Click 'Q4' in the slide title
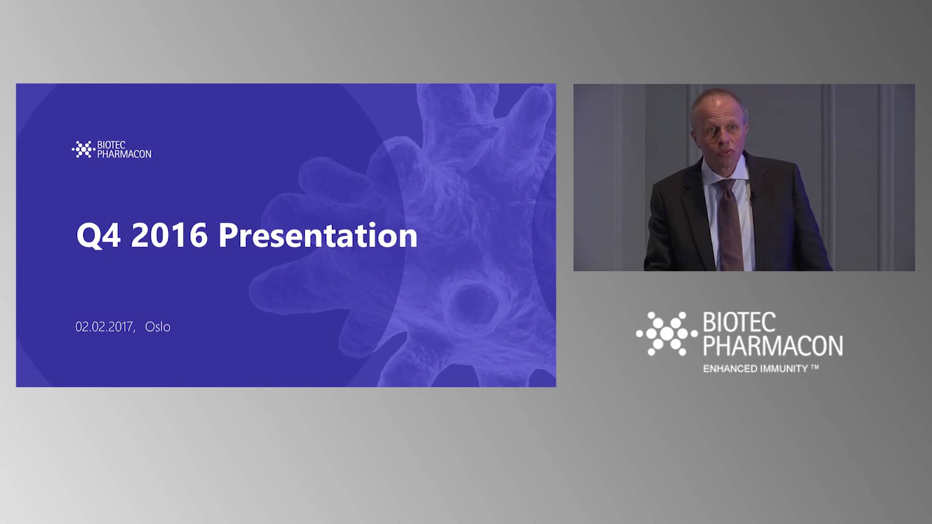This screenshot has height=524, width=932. coord(98,236)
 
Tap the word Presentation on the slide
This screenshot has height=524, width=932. coord(318,235)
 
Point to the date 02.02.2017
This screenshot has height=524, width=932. coord(104,327)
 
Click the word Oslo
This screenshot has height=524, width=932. coord(158,327)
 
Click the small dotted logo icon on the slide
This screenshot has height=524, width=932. coord(83,149)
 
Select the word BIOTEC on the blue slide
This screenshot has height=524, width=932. coord(111,145)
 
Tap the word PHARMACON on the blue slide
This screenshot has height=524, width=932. coord(124,154)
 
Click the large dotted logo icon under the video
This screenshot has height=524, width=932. coord(667,334)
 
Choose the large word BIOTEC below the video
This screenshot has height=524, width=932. coord(739,323)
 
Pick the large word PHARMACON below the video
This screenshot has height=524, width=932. coord(773,345)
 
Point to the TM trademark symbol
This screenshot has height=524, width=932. coord(815,368)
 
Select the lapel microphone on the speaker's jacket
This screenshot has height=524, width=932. coord(752,197)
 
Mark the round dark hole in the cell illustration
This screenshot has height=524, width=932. coord(472,304)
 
